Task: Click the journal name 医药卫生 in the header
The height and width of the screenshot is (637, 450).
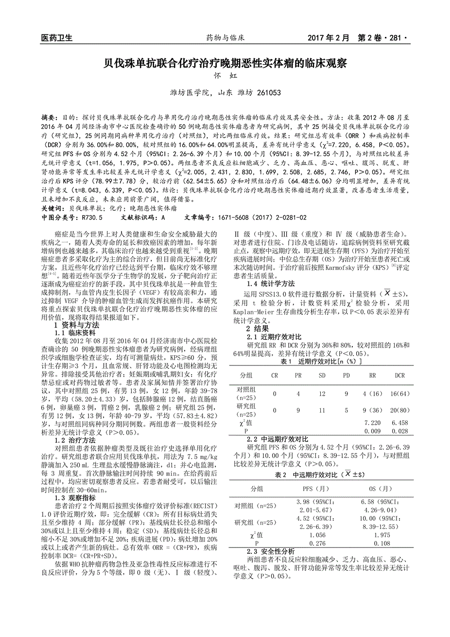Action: click(x=57, y=38)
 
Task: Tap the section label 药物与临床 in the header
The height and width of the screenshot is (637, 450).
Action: click(x=225, y=38)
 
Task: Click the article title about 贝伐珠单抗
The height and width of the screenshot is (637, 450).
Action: click(x=225, y=63)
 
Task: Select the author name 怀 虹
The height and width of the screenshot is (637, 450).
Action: click(x=225, y=76)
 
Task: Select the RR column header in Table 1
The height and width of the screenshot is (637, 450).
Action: click(x=372, y=376)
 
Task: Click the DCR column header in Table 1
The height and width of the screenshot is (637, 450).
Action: click(x=399, y=376)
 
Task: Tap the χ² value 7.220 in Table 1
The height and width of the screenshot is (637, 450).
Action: click(x=372, y=423)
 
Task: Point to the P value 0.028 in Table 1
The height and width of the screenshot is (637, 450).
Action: click(x=399, y=431)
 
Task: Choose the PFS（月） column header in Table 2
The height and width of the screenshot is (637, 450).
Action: click(x=313, y=489)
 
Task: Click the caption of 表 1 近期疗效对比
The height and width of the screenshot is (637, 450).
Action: click(x=322, y=362)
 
